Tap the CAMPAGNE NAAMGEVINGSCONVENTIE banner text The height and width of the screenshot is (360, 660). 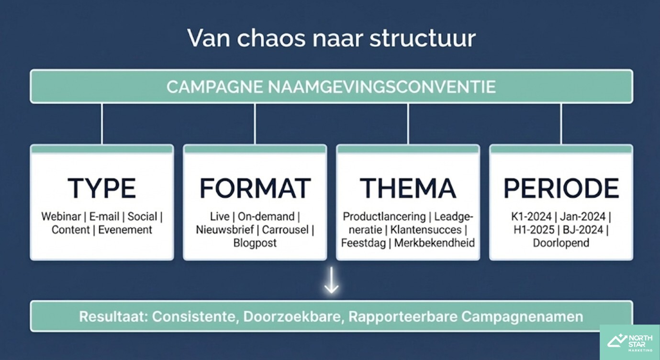331,87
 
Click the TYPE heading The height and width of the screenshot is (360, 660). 101,188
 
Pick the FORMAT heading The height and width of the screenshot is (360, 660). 255,188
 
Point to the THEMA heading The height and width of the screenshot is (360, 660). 408,188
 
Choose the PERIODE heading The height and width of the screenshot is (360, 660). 561,188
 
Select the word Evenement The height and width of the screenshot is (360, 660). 125,230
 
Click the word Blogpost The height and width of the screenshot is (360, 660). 255,243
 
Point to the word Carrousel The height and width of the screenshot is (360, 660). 285,230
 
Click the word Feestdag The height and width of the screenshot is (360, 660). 364,243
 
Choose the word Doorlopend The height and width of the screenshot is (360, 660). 561,243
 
